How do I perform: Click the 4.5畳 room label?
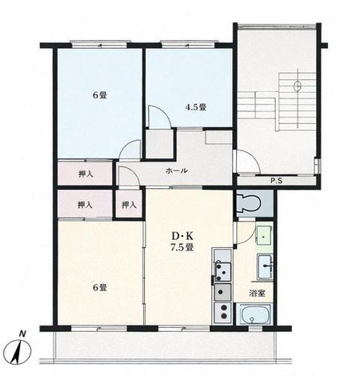[x=196, y=107]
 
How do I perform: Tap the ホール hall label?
[x=177, y=170]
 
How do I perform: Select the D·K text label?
[x=182, y=236]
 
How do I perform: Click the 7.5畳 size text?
[x=182, y=247]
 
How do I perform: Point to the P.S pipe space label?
[x=277, y=181]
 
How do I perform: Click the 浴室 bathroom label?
[x=257, y=294]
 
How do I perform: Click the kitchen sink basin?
[x=223, y=290]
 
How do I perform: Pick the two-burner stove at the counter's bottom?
[x=223, y=310]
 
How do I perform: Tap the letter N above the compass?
[x=23, y=334]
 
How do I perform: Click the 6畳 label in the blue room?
[x=100, y=95]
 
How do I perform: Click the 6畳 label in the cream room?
[x=100, y=287]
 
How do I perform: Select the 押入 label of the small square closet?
[x=129, y=205]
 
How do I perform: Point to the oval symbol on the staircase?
[x=298, y=86]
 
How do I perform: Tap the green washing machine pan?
[x=264, y=236]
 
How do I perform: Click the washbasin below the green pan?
[x=265, y=266]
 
